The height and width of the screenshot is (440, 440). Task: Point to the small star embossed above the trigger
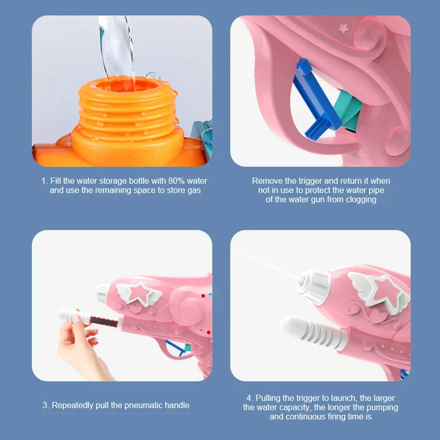(344, 28)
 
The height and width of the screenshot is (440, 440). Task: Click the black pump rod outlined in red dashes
(104, 322)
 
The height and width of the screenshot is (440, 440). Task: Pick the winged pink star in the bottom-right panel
(379, 290)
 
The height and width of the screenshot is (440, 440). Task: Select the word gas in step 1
(194, 190)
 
